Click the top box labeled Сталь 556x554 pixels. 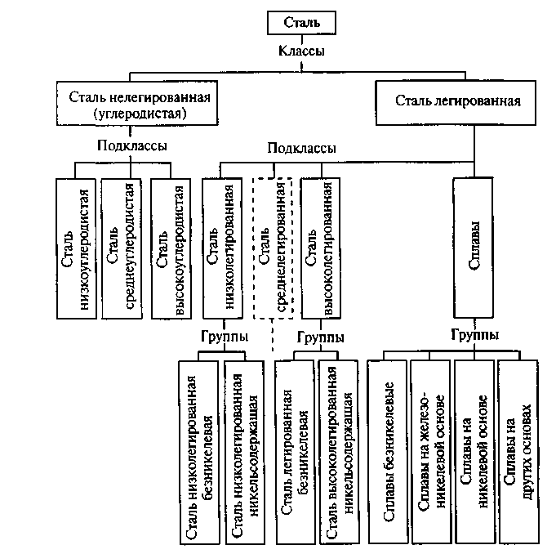click(x=301, y=23)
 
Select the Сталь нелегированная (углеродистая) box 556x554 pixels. click(x=137, y=103)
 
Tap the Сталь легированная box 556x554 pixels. click(x=456, y=103)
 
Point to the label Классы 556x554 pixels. click(x=301, y=51)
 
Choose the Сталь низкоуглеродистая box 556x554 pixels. click(x=76, y=248)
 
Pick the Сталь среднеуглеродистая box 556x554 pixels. click(x=122, y=248)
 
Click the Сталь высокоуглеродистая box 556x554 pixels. click(x=171, y=248)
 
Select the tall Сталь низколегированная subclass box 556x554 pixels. click(x=223, y=248)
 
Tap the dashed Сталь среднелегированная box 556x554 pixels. click(x=273, y=248)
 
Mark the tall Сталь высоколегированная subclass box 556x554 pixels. click(x=321, y=248)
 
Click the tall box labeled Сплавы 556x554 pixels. click(x=474, y=248)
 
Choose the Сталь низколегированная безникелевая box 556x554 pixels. click(x=199, y=453)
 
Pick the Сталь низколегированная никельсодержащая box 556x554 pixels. click(x=244, y=453)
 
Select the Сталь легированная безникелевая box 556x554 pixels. click(x=295, y=453)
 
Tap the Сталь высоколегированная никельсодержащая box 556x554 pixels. click(x=339, y=453)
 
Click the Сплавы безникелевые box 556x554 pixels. click(x=388, y=452)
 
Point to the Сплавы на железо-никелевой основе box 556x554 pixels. click(x=431, y=452)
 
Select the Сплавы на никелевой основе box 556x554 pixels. click(x=474, y=452)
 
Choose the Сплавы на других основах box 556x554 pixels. click(x=518, y=452)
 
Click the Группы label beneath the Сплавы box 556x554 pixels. click(x=475, y=335)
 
